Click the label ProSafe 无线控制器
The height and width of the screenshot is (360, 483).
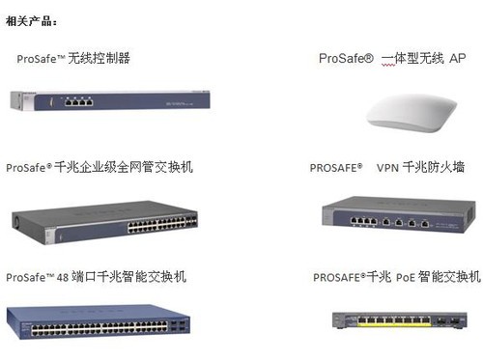coord(73,58)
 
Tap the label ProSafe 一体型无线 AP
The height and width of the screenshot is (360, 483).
coord(392,58)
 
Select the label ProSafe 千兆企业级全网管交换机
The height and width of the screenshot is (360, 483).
coord(99,167)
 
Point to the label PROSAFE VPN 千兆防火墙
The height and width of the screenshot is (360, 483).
coord(387,167)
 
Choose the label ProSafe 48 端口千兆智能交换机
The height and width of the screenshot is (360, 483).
coord(96,277)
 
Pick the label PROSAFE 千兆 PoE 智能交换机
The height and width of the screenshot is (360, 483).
coord(397,277)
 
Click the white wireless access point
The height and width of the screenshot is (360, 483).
coord(412,112)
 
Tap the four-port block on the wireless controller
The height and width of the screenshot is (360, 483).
coord(78,101)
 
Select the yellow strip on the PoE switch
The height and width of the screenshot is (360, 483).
coord(394,324)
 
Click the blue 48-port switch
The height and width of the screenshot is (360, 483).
coord(99,322)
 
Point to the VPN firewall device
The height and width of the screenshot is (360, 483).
coord(399,214)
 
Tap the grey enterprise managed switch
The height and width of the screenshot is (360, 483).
coord(104,222)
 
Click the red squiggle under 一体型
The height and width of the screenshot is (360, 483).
coord(388,66)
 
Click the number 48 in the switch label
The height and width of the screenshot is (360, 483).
coord(63,277)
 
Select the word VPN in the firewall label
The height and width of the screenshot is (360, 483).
coord(387,168)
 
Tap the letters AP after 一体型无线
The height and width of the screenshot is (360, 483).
coord(458,58)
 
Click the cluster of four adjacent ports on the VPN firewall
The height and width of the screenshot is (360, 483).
coord(363,221)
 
